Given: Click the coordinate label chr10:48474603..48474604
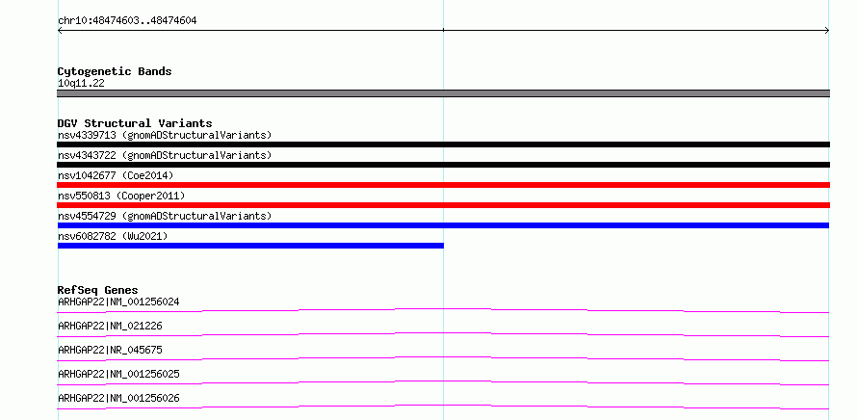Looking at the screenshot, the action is (127, 21).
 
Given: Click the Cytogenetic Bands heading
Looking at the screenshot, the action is (115, 71).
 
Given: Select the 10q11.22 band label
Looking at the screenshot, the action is (81, 84).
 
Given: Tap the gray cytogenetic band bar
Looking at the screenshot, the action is (443, 93).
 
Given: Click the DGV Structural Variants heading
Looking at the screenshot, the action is (135, 123).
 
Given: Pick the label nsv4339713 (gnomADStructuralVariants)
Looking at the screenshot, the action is (165, 136).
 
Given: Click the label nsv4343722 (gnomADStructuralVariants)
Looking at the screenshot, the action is (165, 156).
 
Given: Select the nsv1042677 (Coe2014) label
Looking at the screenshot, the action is (116, 176).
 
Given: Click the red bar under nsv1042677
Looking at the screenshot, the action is (443, 185).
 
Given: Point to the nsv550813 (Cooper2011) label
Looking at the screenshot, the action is (121, 197).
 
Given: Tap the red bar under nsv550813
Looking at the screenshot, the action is (443, 205).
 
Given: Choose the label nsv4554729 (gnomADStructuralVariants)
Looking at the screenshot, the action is (165, 217).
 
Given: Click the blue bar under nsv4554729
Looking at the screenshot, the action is (443, 225).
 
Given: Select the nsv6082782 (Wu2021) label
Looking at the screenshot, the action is (113, 237).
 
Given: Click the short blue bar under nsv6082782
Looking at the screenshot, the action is (251, 246).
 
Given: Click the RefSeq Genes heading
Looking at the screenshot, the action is (98, 290).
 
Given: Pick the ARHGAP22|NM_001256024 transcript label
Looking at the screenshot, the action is (118, 302).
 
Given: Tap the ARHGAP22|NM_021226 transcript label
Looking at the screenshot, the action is (110, 326).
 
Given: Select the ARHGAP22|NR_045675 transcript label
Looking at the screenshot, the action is (110, 350).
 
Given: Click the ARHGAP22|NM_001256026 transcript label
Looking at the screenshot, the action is (118, 398).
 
